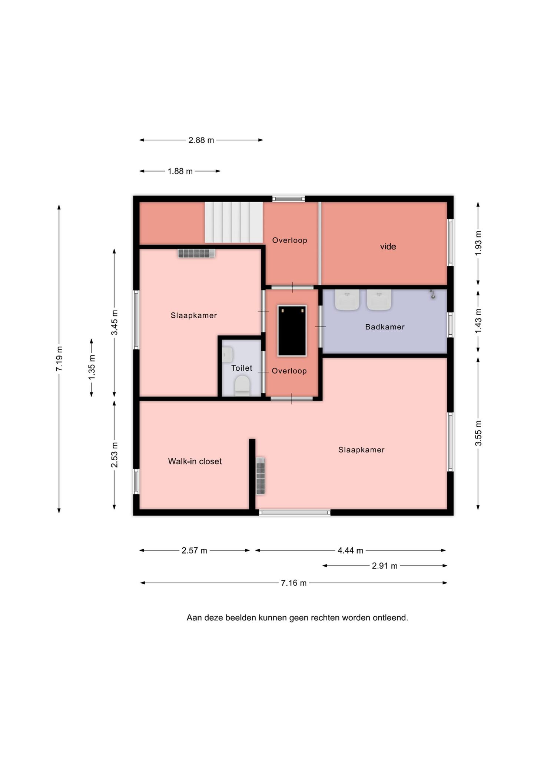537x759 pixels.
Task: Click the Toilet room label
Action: pyautogui.click(x=242, y=368)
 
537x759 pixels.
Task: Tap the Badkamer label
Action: pyautogui.click(x=385, y=327)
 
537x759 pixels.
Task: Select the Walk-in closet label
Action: pyautogui.click(x=195, y=461)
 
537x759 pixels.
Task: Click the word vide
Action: pyautogui.click(x=388, y=247)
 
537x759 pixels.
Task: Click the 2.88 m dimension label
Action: pyautogui.click(x=201, y=140)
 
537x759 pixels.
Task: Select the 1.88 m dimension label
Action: pyautogui.click(x=180, y=171)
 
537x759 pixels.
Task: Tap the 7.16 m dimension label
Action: pyautogui.click(x=294, y=583)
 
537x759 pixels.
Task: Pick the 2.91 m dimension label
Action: pyautogui.click(x=385, y=566)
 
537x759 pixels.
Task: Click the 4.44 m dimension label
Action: pyautogui.click(x=351, y=551)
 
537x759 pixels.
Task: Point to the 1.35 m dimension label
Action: pyautogui.click(x=92, y=367)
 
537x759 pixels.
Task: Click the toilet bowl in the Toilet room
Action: pyautogui.click(x=242, y=386)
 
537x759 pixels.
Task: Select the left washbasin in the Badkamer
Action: pyautogui.click(x=347, y=299)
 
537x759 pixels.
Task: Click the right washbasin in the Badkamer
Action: pyautogui.click(x=379, y=299)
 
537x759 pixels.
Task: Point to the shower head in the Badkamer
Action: pyautogui.click(x=432, y=294)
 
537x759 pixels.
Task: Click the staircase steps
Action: pyautogui.click(x=234, y=222)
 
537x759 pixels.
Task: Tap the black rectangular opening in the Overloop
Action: pyautogui.click(x=292, y=331)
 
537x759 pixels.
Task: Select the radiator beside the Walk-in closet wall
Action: pyautogui.click(x=261, y=476)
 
